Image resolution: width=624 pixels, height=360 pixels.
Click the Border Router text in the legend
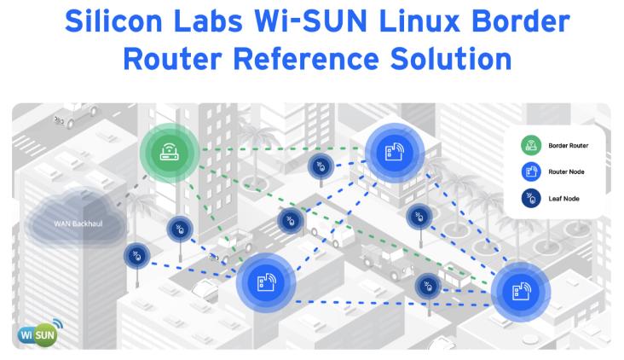pos(568,146)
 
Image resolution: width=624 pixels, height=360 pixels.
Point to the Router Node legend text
pos(566,171)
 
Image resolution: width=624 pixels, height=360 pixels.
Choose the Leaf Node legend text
pos(563,198)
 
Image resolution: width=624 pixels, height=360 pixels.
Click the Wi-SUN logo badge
pos(39,329)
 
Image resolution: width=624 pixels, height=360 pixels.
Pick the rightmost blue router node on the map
pos(520,292)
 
